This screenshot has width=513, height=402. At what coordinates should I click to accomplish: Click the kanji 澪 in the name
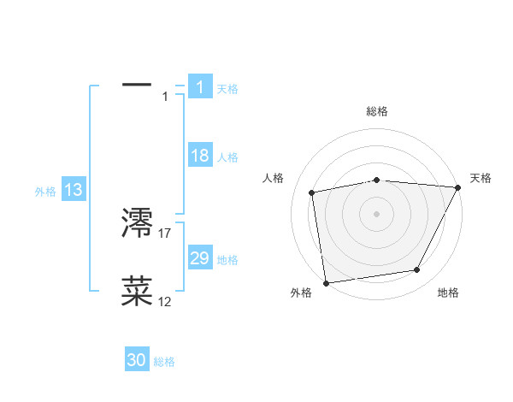[137, 223]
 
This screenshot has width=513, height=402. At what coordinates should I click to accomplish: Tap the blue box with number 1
[200, 86]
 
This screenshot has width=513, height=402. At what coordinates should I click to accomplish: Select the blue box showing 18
[200, 156]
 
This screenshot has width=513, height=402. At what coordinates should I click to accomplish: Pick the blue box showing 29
[200, 258]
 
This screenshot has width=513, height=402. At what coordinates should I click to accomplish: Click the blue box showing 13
[74, 190]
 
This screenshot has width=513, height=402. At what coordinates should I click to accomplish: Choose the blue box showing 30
[137, 360]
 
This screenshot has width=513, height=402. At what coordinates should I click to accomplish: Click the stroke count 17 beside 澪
[165, 233]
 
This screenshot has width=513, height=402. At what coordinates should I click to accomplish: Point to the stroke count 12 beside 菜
[165, 301]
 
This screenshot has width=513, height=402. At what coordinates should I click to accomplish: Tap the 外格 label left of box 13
[45, 192]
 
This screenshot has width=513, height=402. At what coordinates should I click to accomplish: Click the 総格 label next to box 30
[164, 362]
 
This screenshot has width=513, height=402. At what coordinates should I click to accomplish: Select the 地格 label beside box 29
[227, 260]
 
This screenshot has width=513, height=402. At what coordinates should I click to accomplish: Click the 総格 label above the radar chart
[376, 111]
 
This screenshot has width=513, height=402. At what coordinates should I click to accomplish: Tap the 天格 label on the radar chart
[481, 178]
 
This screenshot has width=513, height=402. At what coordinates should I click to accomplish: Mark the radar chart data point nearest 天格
[458, 187]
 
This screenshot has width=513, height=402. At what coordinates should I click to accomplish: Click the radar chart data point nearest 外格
[326, 282]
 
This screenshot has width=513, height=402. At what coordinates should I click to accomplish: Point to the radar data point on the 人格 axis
[312, 192]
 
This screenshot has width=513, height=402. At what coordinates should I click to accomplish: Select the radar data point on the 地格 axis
[417, 270]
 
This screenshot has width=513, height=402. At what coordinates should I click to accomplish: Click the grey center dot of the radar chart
[376, 213]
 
